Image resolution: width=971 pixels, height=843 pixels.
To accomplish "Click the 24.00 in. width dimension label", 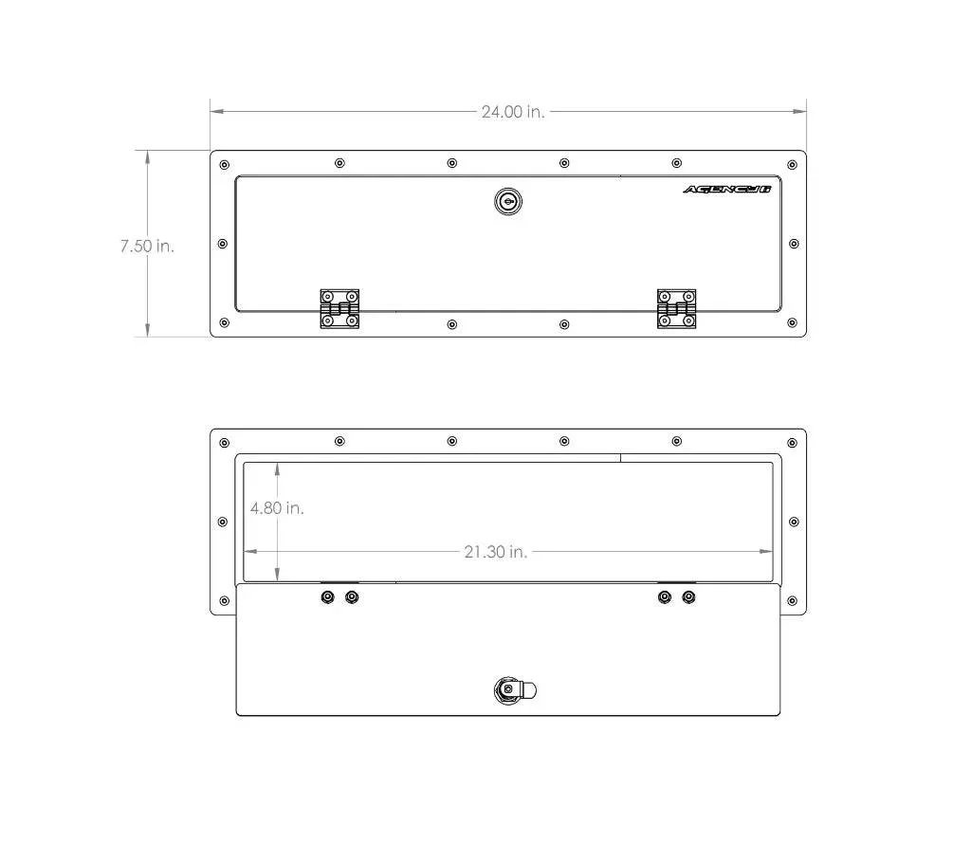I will click(x=513, y=112).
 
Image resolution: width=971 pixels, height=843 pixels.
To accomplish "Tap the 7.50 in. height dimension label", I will click(x=147, y=246).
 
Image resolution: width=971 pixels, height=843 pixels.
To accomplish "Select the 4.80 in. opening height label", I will click(x=277, y=508).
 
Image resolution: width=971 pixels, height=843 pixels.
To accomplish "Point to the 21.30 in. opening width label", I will click(x=495, y=551).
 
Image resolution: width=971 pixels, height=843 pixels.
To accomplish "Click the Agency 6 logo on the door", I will click(x=727, y=190).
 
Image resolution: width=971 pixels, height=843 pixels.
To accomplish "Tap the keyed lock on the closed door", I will click(x=508, y=201).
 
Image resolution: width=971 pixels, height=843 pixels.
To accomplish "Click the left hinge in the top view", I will click(x=339, y=308).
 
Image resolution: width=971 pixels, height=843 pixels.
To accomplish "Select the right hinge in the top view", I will click(x=676, y=308).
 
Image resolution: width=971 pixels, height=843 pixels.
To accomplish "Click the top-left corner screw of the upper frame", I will click(x=225, y=165).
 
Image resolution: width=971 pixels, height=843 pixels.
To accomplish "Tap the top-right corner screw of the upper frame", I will click(x=793, y=165).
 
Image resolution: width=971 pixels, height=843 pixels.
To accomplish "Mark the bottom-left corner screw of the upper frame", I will click(x=225, y=323).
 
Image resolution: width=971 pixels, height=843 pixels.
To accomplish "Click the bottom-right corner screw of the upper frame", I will click(x=793, y=323).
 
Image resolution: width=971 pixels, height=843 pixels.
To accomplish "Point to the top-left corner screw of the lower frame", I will click(x=225, y=442).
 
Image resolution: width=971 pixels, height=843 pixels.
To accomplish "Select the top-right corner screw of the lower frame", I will click(x=793, y=442).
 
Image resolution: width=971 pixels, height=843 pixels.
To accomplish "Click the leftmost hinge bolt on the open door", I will click(x=327, y=597).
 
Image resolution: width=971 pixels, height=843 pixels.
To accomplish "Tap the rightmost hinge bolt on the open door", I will click(x=688, y=597).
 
